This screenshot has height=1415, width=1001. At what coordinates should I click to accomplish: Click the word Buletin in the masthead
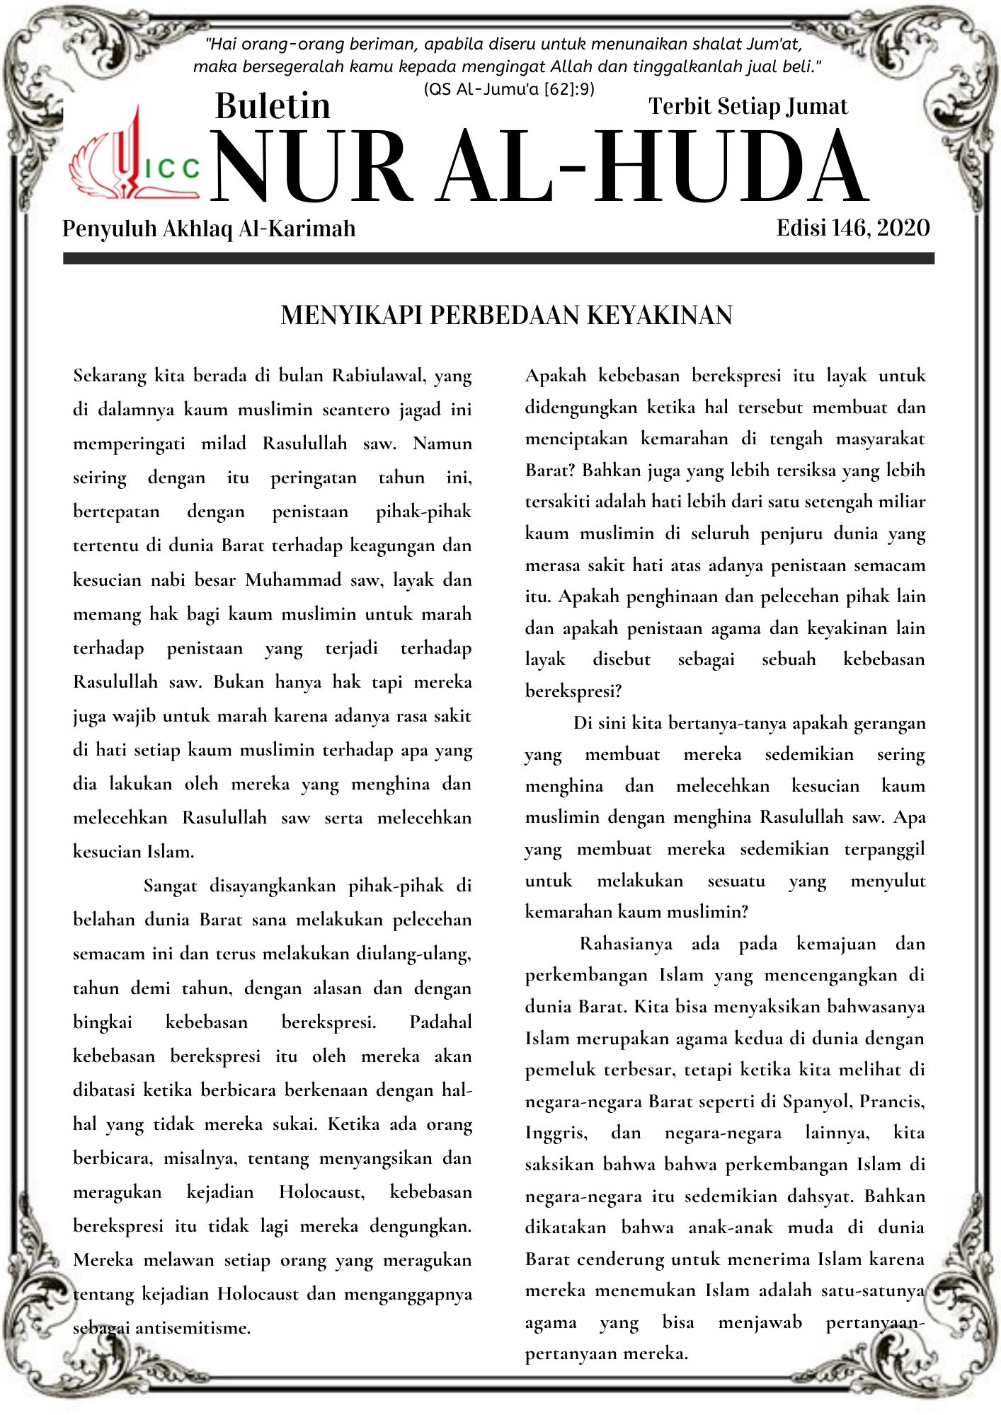273,106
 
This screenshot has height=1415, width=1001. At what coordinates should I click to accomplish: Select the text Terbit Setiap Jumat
748,106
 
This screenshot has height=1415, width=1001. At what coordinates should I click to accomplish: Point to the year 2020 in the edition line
903,228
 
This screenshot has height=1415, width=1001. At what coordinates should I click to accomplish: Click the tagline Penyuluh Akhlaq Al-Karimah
209,229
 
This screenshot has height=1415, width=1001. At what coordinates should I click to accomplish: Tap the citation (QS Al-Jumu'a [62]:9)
508,89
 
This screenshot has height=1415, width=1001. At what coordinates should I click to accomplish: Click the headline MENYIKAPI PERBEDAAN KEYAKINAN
506,315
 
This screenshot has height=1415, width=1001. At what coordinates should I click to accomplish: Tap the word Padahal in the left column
440,1022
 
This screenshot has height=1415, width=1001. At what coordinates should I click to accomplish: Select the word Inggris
556,1133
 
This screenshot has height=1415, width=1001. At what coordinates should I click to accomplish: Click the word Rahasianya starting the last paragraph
626,944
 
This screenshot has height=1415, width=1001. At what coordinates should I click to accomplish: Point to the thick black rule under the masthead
498,258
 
